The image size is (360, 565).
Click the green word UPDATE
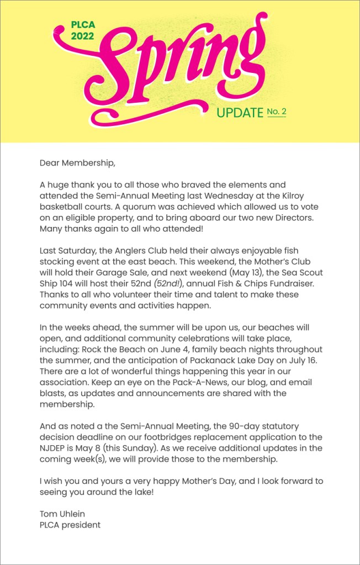coord(240,113)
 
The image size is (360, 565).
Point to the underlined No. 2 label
coord(277,112)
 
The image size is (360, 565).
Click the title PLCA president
coord(70,525)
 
